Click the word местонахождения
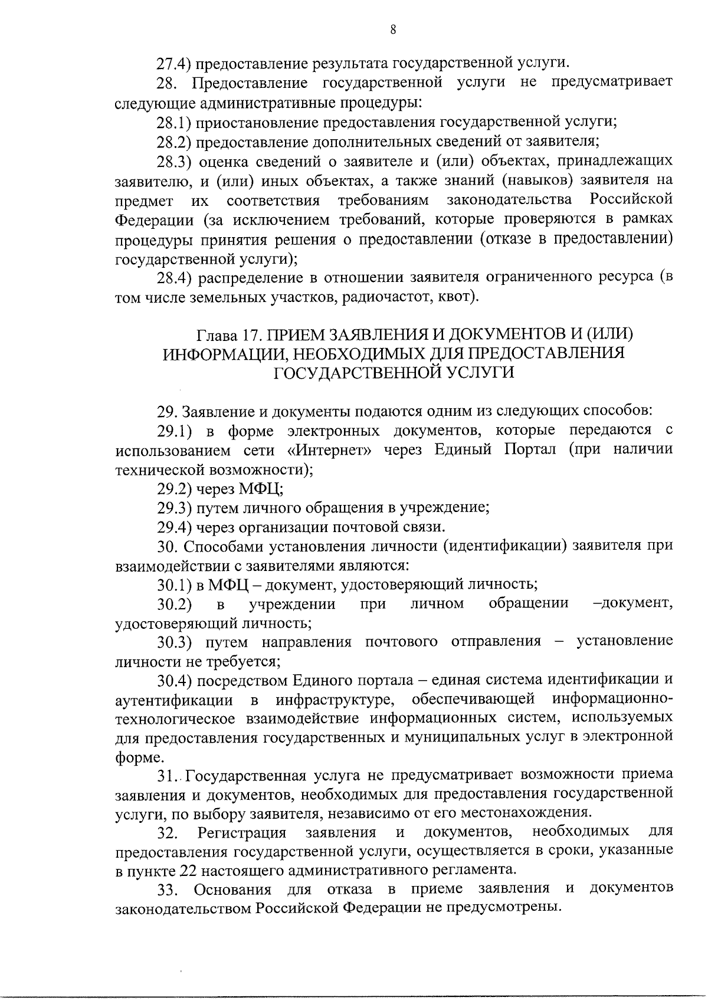[x=529, y=812]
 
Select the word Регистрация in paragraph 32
[x=242, y=832]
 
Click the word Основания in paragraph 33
[x=232, y=889]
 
